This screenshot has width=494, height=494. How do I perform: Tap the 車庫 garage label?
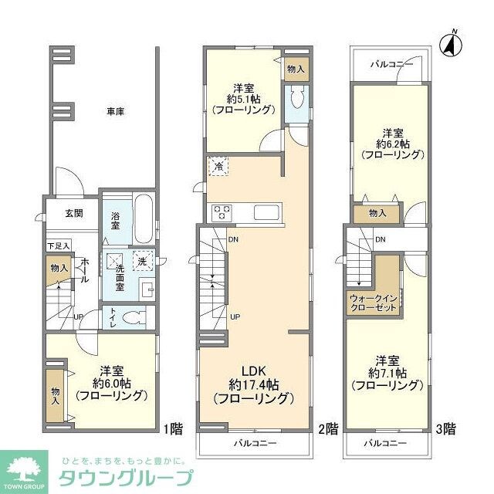tap(116, 112)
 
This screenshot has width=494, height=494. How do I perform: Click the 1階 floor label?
tap(172, 427)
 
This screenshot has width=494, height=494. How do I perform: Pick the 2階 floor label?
tap(327, 427)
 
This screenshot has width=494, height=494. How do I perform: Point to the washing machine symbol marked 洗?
tap(141, 262)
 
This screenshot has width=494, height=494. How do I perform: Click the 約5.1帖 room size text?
tap(243, 98)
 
